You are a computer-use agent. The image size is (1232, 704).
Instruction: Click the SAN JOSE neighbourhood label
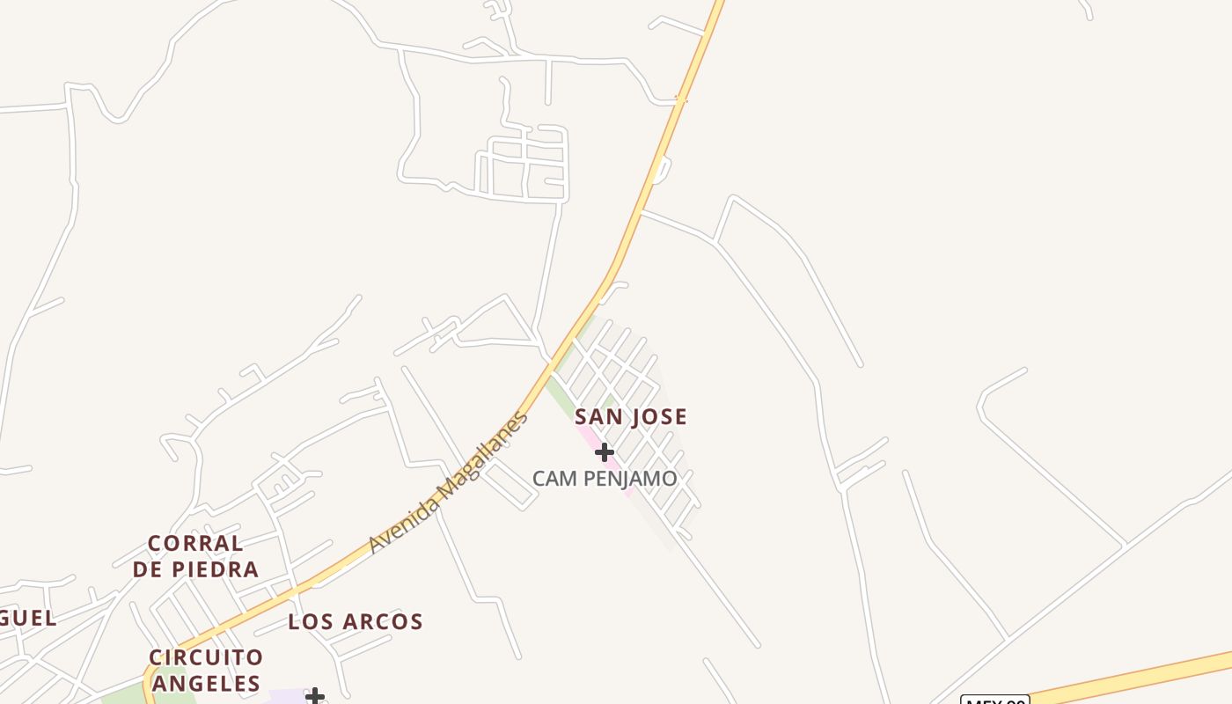pyautogui.click(x=630, y=417)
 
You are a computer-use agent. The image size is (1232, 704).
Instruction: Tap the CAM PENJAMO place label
pyautogui.click(x=605, y=479)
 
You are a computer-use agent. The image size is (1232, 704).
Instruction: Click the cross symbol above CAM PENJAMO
pyautogui.click(x=604, y=452)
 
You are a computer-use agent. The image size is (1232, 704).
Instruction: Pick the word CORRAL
pyautogui.click(x=195, y=543)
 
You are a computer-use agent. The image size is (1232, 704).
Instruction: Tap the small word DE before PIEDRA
pyautogui.click(x=150, y=569)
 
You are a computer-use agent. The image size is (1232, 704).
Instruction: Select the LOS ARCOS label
pyautogui.click(x=356, y=622)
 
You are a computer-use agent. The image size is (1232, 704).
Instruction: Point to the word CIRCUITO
pyautogui.click(x=206, y=657)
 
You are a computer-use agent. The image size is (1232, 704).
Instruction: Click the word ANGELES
pyautogui.click(x=206, y=684)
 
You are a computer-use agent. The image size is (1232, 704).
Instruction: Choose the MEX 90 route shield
pyautogui.click(x=994, y=700)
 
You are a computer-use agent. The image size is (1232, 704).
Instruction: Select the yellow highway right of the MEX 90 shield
pyautogui.click(x=1135, y=677)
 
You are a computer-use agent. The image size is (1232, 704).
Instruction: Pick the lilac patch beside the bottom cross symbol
pyautogui.click(x=287, y=697)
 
